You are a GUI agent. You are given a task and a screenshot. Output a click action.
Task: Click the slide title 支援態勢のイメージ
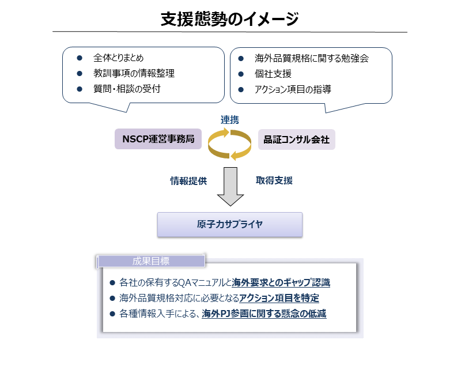pos(229,19)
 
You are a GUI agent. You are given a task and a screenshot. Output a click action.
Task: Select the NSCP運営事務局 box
pos(158,139)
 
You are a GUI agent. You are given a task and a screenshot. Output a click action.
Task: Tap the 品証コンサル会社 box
pos(297,139)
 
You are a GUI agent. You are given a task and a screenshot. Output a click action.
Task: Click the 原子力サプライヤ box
pos(230,225)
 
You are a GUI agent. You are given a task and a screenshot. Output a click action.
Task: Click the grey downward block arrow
pos(230,186)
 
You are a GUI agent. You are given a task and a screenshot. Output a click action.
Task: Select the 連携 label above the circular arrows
pos(230,120)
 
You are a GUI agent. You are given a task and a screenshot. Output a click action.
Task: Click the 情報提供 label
pos(188,181)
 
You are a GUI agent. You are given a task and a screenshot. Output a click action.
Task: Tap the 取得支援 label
pos(274,180)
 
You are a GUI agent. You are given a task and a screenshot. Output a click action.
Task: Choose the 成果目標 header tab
pos(151,261)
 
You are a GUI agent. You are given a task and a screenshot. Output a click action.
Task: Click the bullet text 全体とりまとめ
pos(118,58)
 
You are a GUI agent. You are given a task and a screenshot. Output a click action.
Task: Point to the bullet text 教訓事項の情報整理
pos(134,73)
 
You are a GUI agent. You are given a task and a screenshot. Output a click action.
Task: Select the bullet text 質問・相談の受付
pos(127,89)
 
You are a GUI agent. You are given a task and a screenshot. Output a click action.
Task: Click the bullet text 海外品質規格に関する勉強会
pos(312,58)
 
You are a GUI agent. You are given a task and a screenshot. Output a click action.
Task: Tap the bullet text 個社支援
pos(273,74)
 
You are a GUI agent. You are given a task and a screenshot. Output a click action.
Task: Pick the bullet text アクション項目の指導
pos(293,89)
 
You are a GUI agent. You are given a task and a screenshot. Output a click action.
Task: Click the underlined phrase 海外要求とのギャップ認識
pos(281,282)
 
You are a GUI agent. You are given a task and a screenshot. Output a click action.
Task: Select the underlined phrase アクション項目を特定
pos(279,298)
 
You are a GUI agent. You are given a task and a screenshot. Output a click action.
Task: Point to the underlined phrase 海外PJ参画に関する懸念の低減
pos(264,314)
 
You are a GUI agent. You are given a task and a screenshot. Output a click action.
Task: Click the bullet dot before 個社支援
pos(241,74)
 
